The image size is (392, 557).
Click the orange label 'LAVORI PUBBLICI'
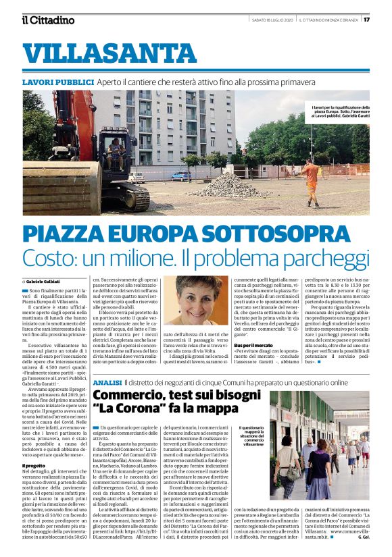[57, 82]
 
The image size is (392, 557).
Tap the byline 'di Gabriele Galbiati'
[42, 280]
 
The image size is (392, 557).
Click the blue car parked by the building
[180, 176]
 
